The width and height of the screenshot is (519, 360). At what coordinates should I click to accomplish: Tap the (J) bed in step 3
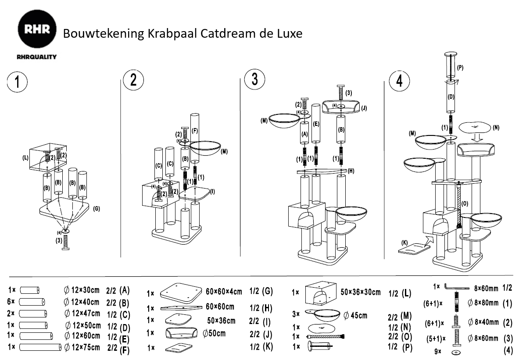click(341, 108)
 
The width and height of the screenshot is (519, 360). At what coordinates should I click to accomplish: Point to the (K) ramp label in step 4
click(404, 242)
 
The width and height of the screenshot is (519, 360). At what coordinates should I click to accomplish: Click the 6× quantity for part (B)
click(12, 302)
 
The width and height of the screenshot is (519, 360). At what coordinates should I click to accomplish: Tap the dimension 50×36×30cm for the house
click(360, 292)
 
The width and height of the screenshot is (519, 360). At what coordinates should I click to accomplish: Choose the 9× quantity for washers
click(438, 352)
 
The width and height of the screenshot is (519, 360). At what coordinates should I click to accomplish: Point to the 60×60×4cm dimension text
click(224, 292)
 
